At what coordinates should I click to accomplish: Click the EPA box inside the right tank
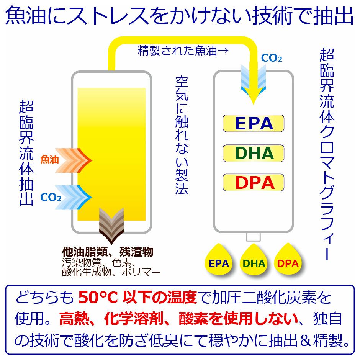254,123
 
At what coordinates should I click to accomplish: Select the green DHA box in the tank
254,153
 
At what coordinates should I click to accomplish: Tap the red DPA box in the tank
254,183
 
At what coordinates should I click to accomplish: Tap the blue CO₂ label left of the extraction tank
51,198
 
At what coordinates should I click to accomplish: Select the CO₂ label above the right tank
272,59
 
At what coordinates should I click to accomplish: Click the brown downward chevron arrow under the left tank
111,226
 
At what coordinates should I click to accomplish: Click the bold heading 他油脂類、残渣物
108,252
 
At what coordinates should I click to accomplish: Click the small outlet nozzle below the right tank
253,237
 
